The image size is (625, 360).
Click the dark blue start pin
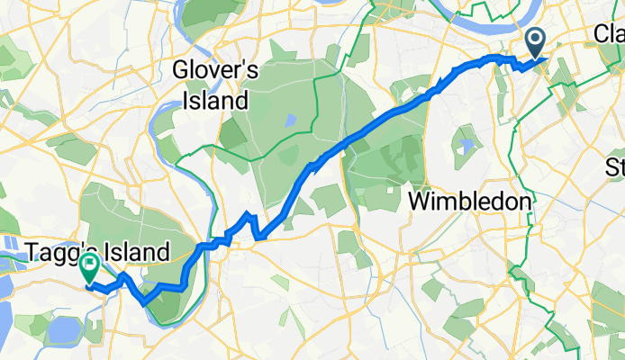click(x=535, y=40)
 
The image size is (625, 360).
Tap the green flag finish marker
click(x=90, y=266)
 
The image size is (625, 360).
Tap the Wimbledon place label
click(x=470, y=202)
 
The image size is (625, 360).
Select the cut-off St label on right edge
click(x=615, y=167)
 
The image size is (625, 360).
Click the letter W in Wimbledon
click(x=421, y=202)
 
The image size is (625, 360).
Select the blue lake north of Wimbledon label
click(x=466, y=141)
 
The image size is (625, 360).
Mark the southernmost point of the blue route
click(x=145, y=303)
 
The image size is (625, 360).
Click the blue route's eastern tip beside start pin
click(x=548, y=61)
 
